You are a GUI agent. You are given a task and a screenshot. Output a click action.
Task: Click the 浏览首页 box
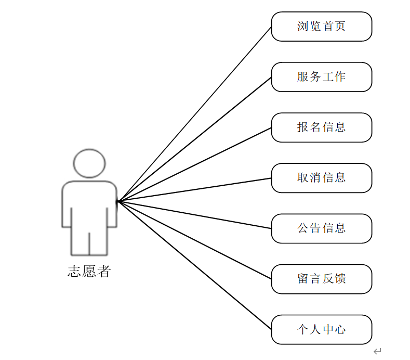[321, 27]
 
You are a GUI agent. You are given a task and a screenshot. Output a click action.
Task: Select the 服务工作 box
[321, 77]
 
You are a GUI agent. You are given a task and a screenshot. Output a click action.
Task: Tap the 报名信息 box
[321, 127]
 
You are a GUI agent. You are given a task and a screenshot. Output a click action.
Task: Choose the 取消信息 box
[321, 178]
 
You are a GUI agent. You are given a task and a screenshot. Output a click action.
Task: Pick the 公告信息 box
[321, 228]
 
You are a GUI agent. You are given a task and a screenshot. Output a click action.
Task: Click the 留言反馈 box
[321, 279]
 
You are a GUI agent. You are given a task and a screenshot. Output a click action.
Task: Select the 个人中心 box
[321, 329]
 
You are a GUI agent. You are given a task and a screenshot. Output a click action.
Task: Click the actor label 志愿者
[89, 271]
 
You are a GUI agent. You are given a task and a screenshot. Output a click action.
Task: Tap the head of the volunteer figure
[89, 163]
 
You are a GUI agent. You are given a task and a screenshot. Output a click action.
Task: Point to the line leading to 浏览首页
[195, 113]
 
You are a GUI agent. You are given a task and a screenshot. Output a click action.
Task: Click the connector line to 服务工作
[195, 139]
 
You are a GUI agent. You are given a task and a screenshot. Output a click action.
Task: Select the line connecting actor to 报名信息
[195, 164]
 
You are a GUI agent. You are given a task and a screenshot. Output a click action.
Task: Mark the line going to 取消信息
[195, 189]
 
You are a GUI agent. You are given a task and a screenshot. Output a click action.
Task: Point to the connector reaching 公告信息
[195, 214]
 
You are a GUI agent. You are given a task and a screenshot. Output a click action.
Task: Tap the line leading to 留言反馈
[195, 240]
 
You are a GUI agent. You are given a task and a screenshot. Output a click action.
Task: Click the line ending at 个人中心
[195, 265]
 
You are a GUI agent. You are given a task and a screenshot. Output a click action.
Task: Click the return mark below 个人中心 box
[378, 352]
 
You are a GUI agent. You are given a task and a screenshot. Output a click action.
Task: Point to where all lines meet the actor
[118, 201]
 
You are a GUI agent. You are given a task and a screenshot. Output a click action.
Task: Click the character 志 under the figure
[74, 271]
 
